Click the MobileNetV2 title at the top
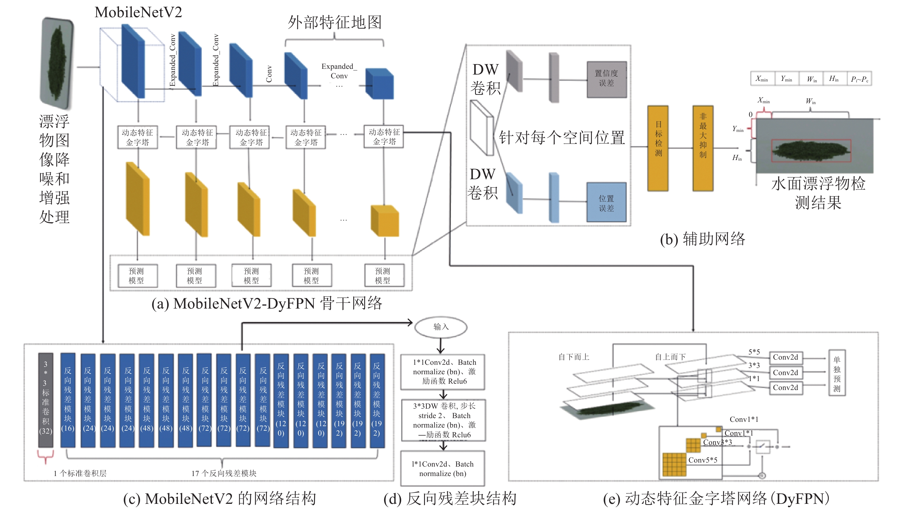pyautogui.click(x=138, y=13)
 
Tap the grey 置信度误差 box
pyautogui.click(x=606, y=79)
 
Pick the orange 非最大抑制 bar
pyautogui.click(x=703, y=148)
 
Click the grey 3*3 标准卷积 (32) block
pyautogui.click(x=46, y=400)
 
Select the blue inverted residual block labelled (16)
pyautogui.click(x=68, y=400)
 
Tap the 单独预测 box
pyautogui.click(x=836, y=373)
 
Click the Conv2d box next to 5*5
pyautogui.click(x=785, y=358)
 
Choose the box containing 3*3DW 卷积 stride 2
pyautogui.click(x=443, y=420)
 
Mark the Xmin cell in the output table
pyautogui.click(x=762, y=79)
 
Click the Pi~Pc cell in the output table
pyautogui.click(x=859, y=79)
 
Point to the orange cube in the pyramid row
pyautogui.click(x=385, y=221)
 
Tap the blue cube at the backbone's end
pyautogui.click(x=380, y=84)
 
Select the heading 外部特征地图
pyautogui.click(x=334, y=22)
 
